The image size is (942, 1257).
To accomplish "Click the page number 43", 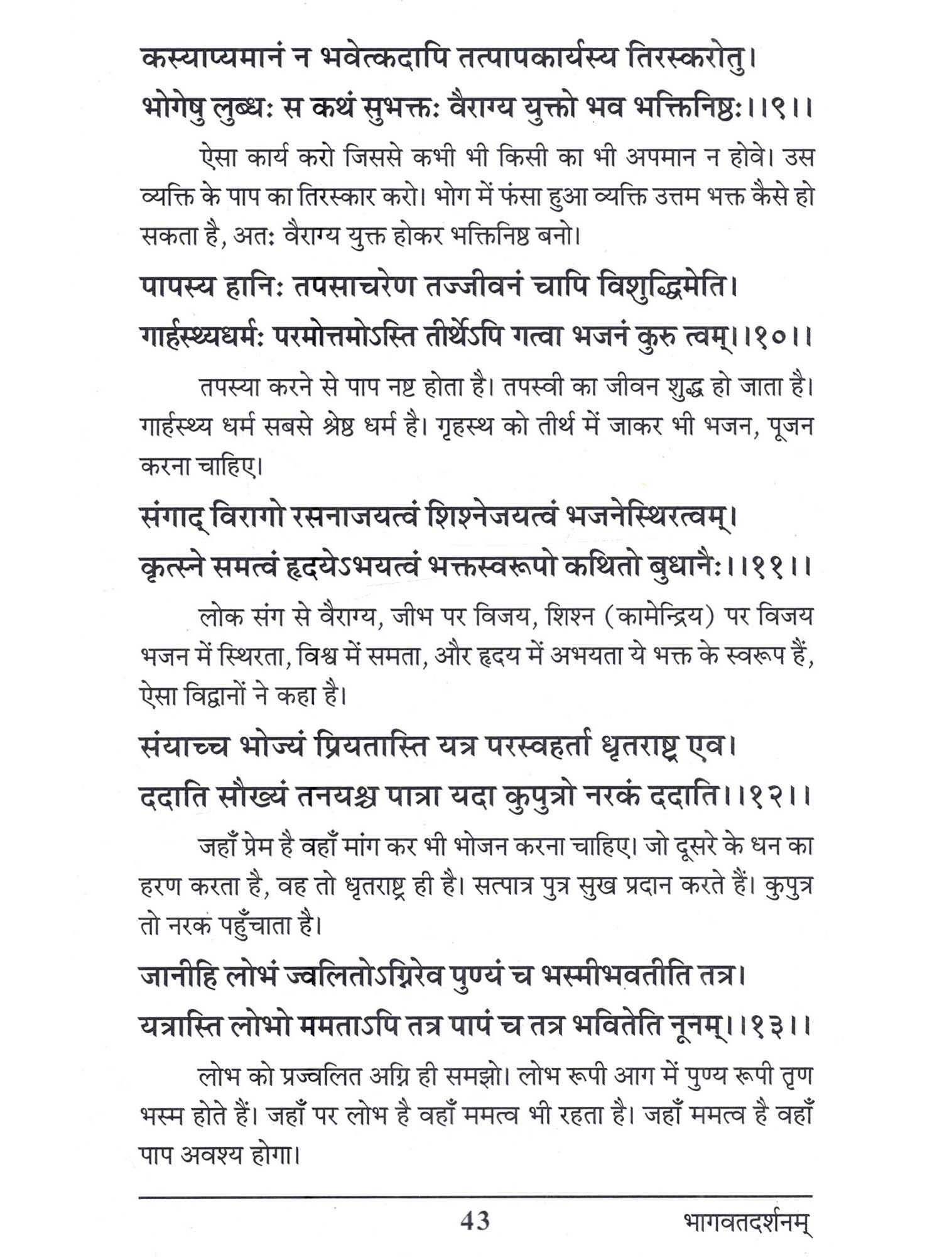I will point(475,1221).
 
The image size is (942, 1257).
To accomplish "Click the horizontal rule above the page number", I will point(475,1196).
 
